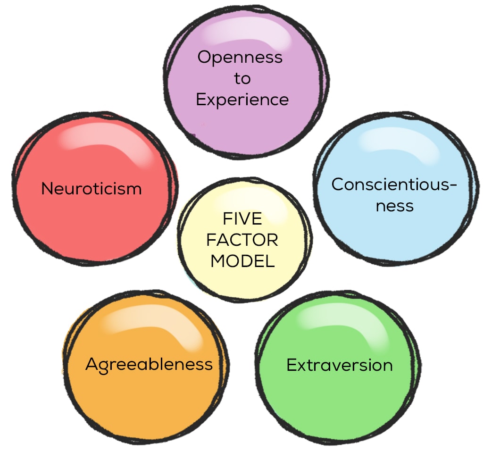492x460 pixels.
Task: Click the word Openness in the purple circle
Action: coord(240,58)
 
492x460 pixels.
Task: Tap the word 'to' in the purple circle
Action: coord(242,78)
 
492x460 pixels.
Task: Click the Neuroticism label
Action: coord(92,189)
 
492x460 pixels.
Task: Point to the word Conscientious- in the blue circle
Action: coord(394,184)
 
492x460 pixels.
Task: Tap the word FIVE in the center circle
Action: coord(242,219)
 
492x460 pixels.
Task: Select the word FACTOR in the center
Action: coord(242,240)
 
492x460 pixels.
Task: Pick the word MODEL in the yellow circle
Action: coord(242,261)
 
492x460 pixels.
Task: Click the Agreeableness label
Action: coord(149,365)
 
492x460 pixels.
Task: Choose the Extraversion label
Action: coord(340,365)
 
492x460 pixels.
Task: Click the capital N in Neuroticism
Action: coord(48,189)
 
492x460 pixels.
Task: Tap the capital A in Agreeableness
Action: coord(92,364)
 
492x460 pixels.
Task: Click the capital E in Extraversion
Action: coord(292,365)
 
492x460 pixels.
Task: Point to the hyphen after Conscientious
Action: coord(453,185)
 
